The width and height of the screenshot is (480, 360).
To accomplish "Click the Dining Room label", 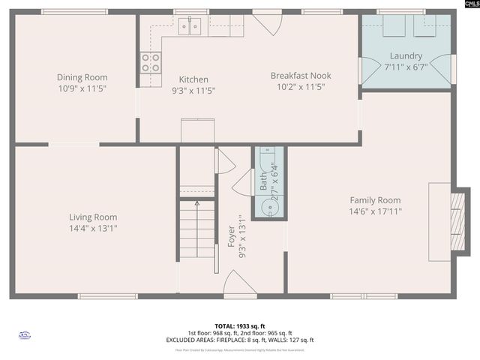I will coord(82,77).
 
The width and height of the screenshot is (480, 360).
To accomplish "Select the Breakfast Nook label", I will coord(301,76).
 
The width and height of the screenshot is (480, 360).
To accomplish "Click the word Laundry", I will coord(406,56).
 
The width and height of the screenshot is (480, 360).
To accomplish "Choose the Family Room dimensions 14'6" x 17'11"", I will coord(375,211).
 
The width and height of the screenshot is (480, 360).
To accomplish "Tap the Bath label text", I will coord(263,180).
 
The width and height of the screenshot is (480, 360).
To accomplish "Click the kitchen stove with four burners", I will coord(151,62).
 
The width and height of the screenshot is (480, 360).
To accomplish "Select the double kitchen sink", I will coord(190,28).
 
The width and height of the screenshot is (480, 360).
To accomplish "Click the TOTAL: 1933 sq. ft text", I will coord(240,326).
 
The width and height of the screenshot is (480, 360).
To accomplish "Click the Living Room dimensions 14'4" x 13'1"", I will coord(93,228).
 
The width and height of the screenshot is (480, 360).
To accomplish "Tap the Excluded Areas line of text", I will coord(240,340).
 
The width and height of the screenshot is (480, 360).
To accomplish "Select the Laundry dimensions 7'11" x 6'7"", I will coord(406,67).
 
